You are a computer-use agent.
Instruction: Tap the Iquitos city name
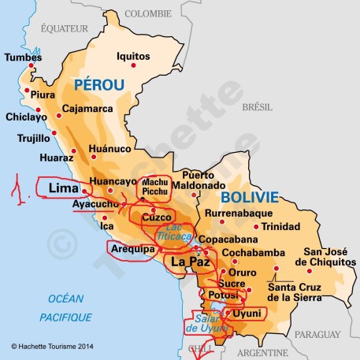(x=132, y=56)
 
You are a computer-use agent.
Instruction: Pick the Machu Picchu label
(x=154, y=187)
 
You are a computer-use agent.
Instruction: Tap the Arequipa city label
(x=132, y=249)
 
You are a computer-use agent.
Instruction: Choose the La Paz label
(x=189, y=261)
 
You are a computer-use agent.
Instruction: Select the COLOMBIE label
(x=148, y=13)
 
